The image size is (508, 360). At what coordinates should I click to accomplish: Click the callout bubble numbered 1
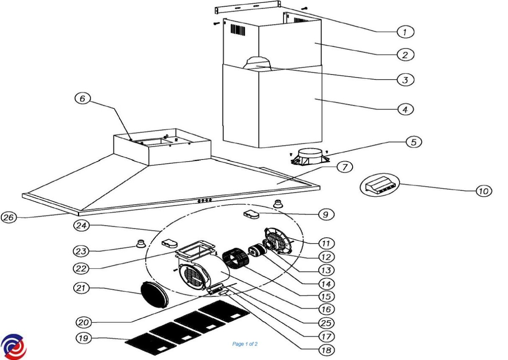click(405, 32)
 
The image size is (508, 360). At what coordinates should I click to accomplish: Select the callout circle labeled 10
click(484, 191)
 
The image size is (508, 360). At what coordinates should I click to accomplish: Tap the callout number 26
click(9, 217)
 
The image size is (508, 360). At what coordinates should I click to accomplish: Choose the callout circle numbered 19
click(83, 338)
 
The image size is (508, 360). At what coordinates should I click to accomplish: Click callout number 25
click(326, 323)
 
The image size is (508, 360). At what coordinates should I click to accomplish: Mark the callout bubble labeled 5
click(414, 142)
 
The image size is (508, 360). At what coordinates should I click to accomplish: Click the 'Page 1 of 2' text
click(245, 344)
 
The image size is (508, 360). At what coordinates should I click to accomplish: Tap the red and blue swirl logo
click(13, 346)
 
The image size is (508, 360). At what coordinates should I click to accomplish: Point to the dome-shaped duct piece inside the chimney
click(257, 63)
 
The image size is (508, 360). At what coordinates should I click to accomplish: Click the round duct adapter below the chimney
click(310, 157)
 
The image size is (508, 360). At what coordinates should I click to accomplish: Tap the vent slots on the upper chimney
click(238, 30)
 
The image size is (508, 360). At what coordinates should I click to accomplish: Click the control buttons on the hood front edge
click(204, 200)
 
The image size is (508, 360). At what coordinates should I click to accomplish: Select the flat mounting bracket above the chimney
click(248, 7)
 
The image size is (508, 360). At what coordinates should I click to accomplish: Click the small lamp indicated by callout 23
click(141, 244)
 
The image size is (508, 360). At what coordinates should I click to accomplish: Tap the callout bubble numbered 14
click(326, 284)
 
